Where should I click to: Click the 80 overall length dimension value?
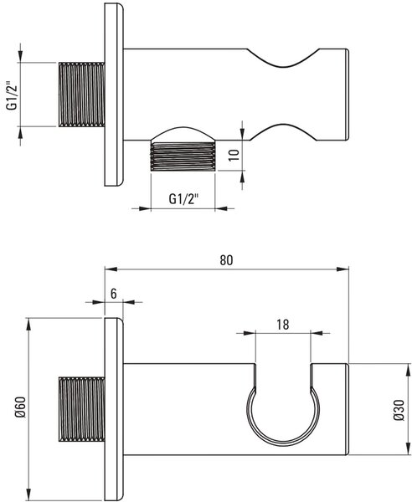226,260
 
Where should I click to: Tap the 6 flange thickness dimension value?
114,294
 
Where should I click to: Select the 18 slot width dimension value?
282,325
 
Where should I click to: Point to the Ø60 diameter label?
21,407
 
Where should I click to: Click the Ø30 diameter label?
399,409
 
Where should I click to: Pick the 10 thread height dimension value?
234,155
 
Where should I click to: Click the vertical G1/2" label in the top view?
13,95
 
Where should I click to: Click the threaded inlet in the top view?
82,95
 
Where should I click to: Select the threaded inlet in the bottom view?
82,409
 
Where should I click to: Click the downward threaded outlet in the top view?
183,157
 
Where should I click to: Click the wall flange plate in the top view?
114,95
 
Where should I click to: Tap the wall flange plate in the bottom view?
114,409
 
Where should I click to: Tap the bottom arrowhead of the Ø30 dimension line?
408,448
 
